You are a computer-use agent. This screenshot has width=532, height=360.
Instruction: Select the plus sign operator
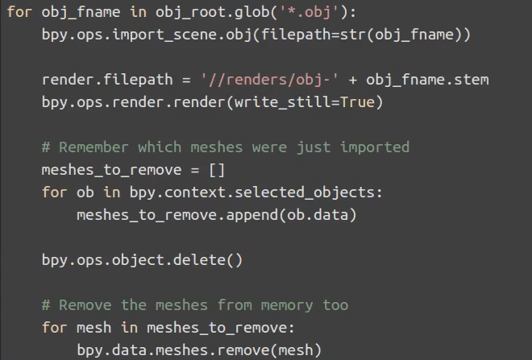(x=354, y=81)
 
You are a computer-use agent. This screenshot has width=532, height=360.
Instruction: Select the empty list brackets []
(x=217, y=170)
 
